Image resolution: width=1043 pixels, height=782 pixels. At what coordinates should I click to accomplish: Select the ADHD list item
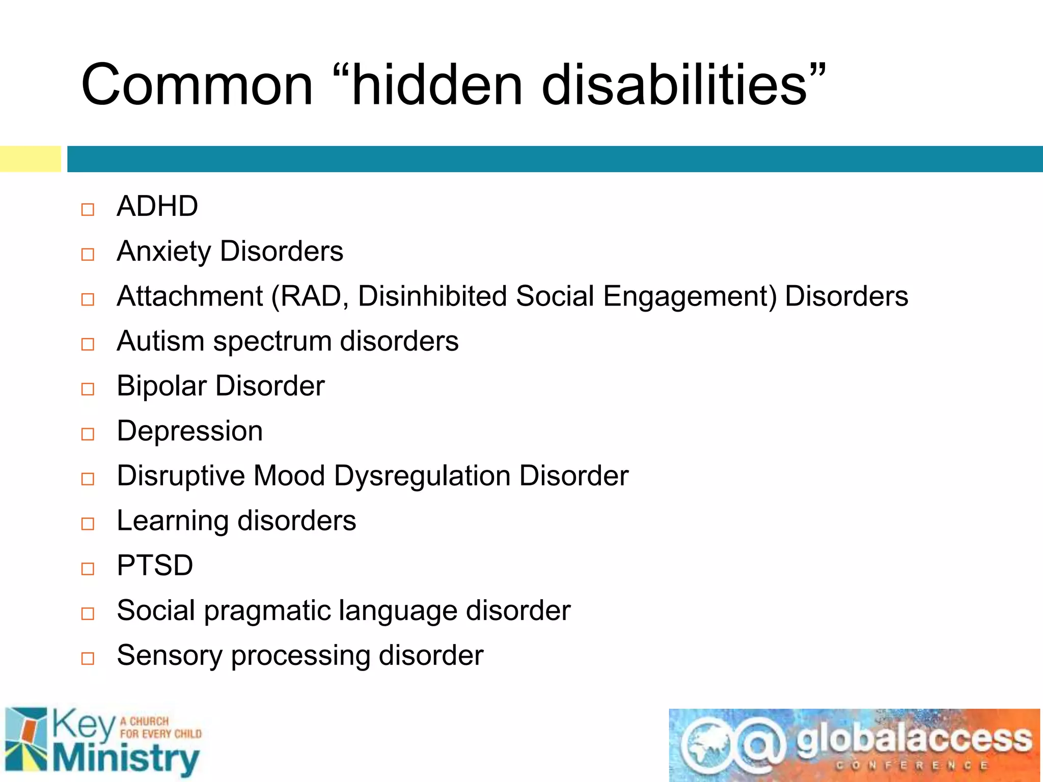pyautogui.click(x=157, y=206)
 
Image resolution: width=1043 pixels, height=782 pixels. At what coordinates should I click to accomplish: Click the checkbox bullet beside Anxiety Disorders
pyautogui.click(x=88, y=254)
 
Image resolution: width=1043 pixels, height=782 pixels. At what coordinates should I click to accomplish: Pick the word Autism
pyautogui.click(x=160, y=341)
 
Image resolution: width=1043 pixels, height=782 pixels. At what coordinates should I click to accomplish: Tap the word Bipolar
pyautogui.click(x=161, y=386)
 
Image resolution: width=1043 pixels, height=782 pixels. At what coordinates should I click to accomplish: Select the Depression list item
pyautogui.click(x=189, y=431)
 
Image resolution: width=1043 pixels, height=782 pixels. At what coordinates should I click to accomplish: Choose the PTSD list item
pyautogui.click(x=155, y=565)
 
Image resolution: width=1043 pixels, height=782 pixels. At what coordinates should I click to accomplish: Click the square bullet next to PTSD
pyautogui.click(x=88, y=569)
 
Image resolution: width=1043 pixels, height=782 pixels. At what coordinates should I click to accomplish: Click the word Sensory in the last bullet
pyautogui.click(x=169, y=656)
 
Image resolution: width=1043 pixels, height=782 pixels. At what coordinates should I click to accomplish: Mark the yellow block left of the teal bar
pyautogui.click(x=30, y=159)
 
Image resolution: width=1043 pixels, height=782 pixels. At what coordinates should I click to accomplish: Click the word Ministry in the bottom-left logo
pyautogui.click(x=126, y=759)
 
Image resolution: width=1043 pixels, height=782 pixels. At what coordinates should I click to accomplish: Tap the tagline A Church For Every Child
pyautogui.click(x=160, y=728)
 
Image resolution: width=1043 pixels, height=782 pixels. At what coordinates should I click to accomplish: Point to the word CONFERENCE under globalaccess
pyautogui.click(x=912, y=766)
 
